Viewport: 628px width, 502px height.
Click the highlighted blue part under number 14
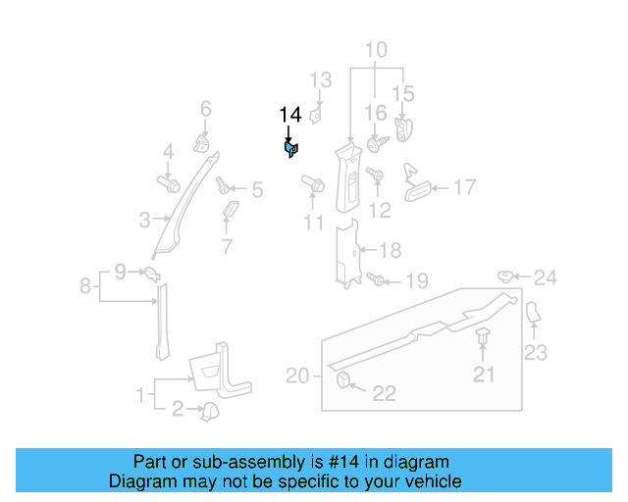point(291,149)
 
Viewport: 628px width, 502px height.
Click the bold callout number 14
point(289,115)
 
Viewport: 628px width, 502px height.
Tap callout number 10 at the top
point(377,50)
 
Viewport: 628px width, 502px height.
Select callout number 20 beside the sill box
point(297,375)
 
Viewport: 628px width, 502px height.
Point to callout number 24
point(545,278)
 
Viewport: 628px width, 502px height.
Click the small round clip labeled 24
point(508,277)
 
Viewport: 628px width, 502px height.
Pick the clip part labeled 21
point(484,339)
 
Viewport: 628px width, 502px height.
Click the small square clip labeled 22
point(345,379)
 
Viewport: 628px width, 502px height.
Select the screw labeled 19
point(378,280)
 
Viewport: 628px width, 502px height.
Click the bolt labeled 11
point(316,183)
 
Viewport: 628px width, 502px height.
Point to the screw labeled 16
point(377,143)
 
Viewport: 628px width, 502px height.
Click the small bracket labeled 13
point(317,115)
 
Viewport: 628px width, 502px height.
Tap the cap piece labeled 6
point(203,143)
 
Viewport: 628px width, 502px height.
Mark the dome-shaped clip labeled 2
point(208,412)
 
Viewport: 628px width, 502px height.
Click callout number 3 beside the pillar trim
point(143,221)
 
